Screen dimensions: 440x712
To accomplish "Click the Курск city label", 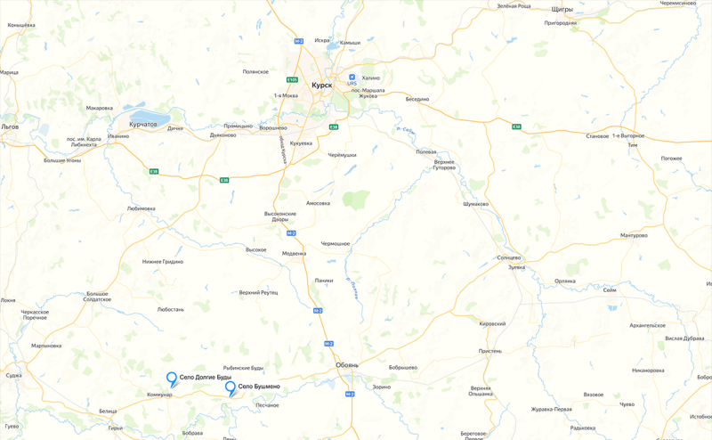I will pyautogui.click(x=321, y=86).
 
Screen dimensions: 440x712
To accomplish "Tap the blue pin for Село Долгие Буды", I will pyautogui.click(x=172, y=379).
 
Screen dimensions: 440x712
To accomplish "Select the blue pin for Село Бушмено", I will pyautogui.click(x=231, y=387).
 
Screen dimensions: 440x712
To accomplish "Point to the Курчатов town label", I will pyautogui.click(x=142, y=125).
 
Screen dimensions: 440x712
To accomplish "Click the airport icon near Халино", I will pyautogui.click(x=352, y=77).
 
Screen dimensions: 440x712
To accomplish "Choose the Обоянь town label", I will pyautogui.click(x=347, y=365).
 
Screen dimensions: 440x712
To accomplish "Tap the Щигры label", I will pyautogui.click(x=562, y=9).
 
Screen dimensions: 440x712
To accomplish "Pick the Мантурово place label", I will pyautogui.click(x=634, y=235).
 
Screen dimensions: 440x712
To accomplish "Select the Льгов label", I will pyautogui.click(x=10, y=126).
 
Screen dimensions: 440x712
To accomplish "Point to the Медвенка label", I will pyautogui.click(x=294, y=253).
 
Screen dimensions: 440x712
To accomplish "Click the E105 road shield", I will pyautogui.click(x=292, y=79).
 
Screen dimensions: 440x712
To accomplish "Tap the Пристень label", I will pyautogui.click(x=490, y=351).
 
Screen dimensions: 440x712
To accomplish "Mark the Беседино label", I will pyautogui.click(x=417, y=99).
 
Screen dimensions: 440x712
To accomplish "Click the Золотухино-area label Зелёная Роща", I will pyautogui.click(x=514, y=6).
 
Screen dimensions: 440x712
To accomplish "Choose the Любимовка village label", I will pyautogui.click(x=141, y=208).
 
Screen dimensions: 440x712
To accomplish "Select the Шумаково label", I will pyautogui.click(x=476, y=203).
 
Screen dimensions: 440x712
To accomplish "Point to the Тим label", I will pyautogui.click(x=633, y=144).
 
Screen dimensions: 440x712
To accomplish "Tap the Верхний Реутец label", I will pyautogui.click(x=258, y=292).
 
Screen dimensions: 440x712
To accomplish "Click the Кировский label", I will pyautogui.click(x=492, y=323).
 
